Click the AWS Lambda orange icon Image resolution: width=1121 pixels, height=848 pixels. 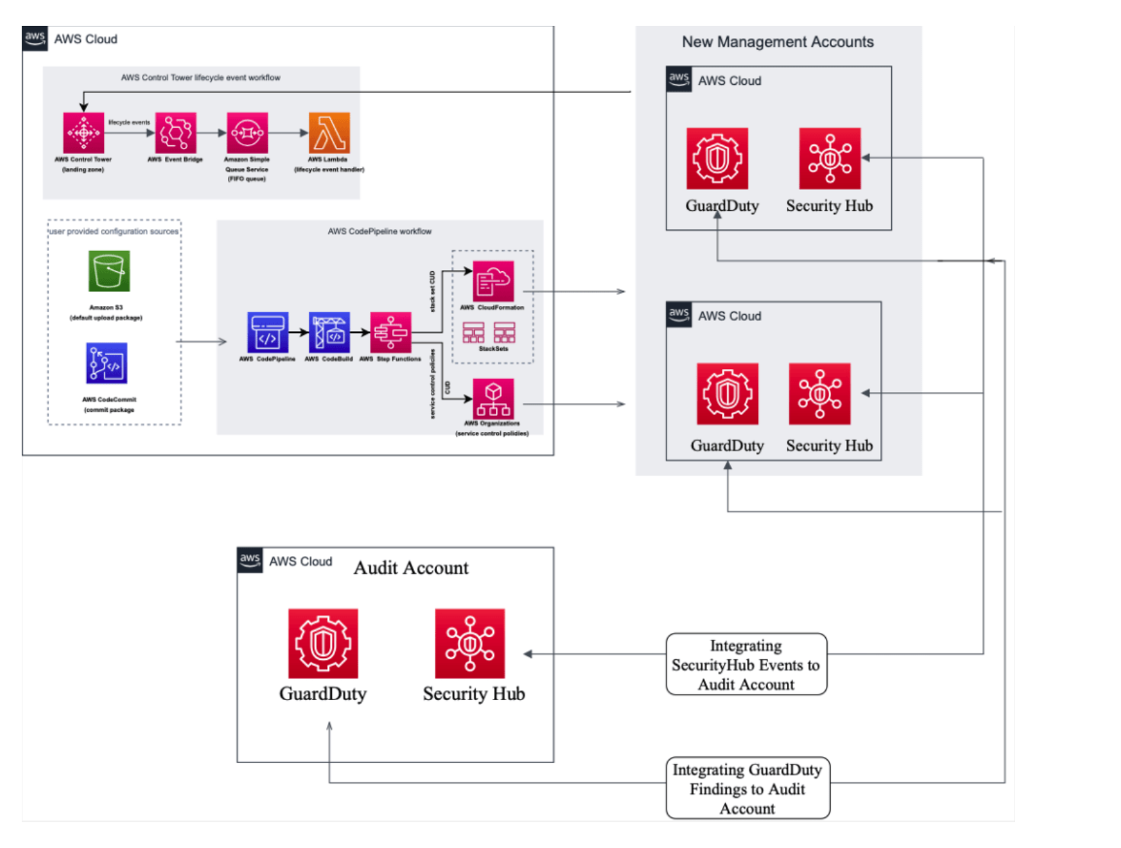[329, 133]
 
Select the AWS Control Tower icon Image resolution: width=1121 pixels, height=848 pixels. [83, 133]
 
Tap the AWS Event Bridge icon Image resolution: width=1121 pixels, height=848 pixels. [176, 133]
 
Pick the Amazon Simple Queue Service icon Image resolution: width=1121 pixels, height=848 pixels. [248, 133]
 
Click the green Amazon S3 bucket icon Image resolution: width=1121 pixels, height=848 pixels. [109, 271]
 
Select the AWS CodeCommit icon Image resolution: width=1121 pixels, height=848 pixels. [107, 364]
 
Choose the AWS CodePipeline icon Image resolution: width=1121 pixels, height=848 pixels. [268, 332]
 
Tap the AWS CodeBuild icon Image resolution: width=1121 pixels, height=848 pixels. [329, 332]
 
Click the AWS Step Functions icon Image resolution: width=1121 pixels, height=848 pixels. [390, 332]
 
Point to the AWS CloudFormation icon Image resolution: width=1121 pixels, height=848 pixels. [493, 282]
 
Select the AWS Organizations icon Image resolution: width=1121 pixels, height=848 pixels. [493, 399]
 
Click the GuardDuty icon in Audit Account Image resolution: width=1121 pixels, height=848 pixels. [323, 643]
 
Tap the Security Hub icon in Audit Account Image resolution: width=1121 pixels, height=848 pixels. [470, 643]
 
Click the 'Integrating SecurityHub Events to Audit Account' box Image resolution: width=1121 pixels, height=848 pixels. [746, 665]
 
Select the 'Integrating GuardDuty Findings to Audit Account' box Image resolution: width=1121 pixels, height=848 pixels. [748, 788]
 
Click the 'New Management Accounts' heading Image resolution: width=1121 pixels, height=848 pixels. [778, 42]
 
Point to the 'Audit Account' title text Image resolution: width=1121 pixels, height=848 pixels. [411, 568]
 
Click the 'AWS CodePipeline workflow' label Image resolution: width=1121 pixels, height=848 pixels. [379, 231]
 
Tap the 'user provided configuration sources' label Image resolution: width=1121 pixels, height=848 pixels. [114, 231]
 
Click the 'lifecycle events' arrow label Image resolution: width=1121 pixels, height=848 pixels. [129, 123]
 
